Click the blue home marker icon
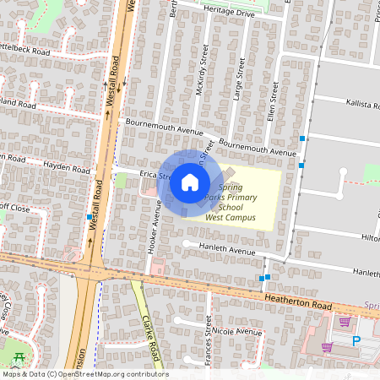point(190,182)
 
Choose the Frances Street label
point(208,350)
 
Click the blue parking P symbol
point(356,340)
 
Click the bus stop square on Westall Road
point(90,217)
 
